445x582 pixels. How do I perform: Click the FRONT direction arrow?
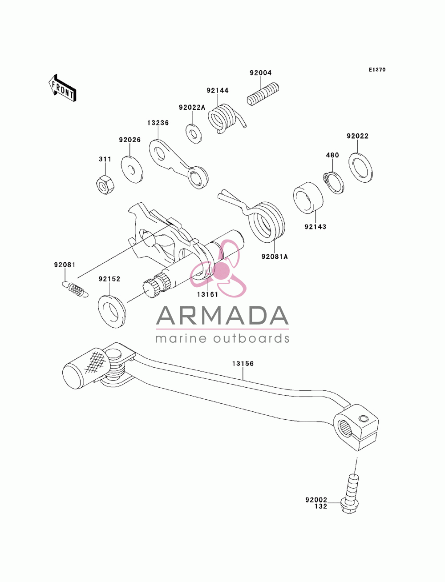coord(62,88)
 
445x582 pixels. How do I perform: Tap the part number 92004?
coord(260,72)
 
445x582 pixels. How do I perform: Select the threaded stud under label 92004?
coord(263,94)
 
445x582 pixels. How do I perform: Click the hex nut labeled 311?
coord(105,185)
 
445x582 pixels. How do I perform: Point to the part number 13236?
coord(158,123)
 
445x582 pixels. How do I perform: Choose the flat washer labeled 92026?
coord(132,170)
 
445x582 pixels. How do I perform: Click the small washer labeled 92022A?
coord(194,133)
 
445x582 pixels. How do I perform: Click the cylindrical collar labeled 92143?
coord(308,197)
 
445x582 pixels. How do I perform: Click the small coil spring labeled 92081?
coord(75,289)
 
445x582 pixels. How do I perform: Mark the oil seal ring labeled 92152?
coord(112,311)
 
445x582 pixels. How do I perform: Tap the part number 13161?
coord(207,294)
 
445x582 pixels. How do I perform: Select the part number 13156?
coord(243,364)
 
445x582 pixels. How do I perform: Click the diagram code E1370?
coord(377,70)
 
